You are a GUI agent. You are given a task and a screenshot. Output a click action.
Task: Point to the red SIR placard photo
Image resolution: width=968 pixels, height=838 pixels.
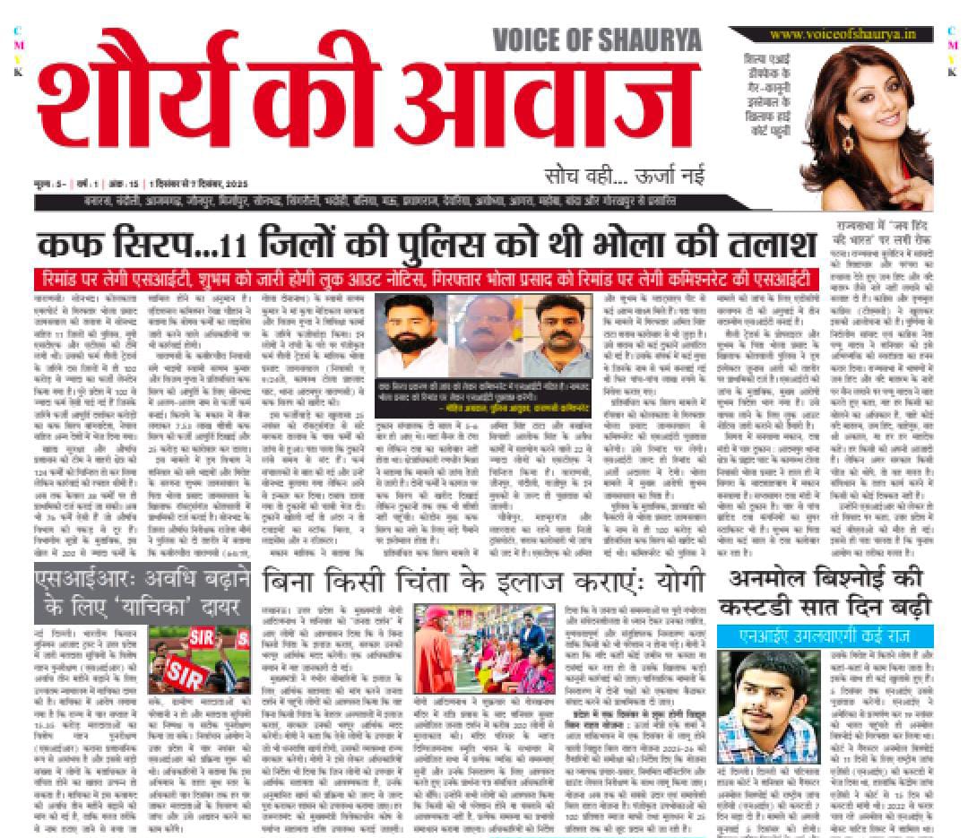(x=199, y=657)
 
